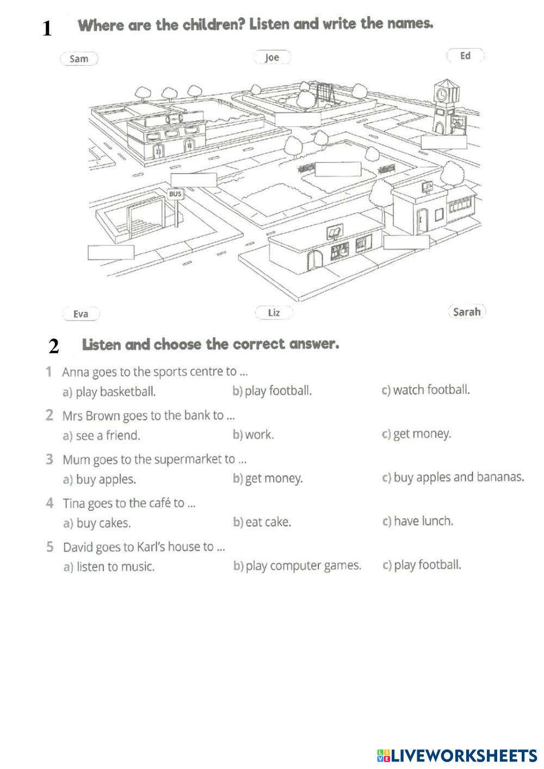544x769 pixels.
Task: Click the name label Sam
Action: (x=79, y=59)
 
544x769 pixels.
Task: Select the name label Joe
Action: (x=272, y=57)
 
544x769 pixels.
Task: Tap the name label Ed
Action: (x=465, y=55)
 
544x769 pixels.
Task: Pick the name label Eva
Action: (x=81, y=314)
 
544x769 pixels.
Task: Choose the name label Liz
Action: (x=274, y=312)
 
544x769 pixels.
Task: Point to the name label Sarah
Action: (x=467, y=312)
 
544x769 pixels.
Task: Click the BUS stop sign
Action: (x=175, y=194)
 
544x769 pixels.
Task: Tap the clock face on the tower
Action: (x=442, y=94)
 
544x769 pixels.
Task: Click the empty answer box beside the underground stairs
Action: (x=111, y=252)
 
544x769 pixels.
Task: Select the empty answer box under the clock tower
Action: (x=444, y=142)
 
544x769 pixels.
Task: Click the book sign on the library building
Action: (x=332, y=234)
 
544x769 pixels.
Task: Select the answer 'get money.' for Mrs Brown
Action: (x=422, y=434)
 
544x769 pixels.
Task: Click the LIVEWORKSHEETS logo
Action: (x=456, y=755)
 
